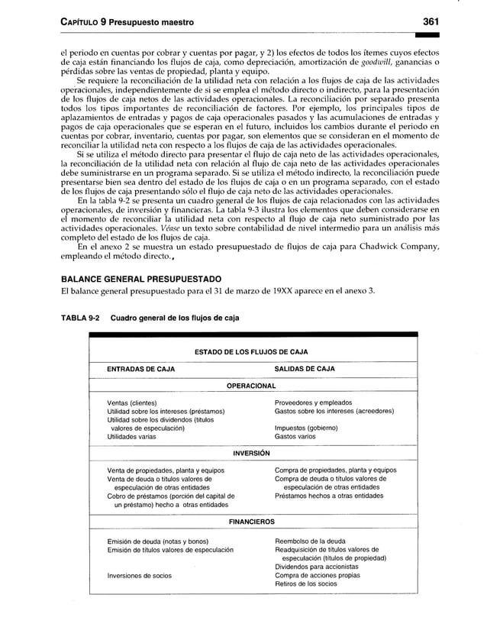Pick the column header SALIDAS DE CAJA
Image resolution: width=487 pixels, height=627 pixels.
305,369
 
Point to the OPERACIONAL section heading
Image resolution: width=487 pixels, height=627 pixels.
251,386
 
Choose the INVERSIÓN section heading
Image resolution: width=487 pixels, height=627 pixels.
251,453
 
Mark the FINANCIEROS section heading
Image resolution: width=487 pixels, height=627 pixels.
251,522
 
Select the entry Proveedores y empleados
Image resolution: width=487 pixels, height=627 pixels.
313,402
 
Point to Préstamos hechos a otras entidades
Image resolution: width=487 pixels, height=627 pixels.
329,496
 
